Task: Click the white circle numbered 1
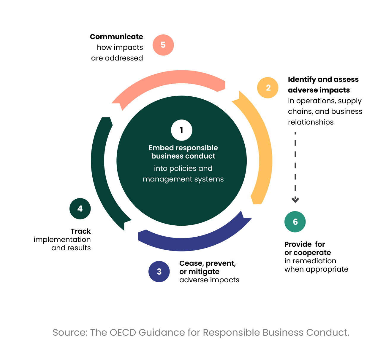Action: pyautogui.click(x=181, y=130)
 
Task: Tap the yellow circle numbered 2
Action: pyautogui.click(x=268, y=87)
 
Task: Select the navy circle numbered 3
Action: pyautogui.click(x=159, y=271)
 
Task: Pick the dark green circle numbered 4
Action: pyautogui.click(x=80, y=209)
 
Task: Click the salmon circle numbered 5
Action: pyautogui.click(x=163, y=45)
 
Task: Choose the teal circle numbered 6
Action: pyautogui.click(x=295, y=222)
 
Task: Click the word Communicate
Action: pyautogui.click(x=116, y=37)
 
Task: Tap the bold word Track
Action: pyautogui.click(x=80, y=231)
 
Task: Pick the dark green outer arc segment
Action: pyautogui.click(x=99, y=172)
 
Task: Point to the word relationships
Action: pyautogui.click(x=311, y=122)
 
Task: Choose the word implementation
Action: pyautogui.click(x=62, y=240)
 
